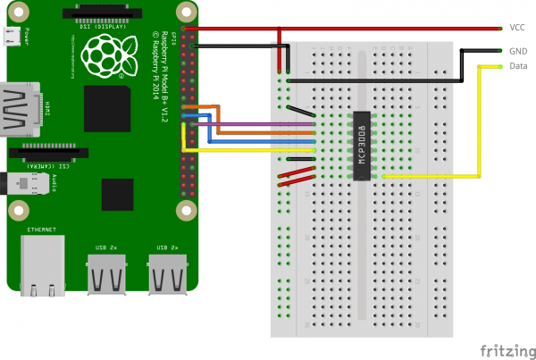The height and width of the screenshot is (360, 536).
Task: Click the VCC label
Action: click(x=516, y=28)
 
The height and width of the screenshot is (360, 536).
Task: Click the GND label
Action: click(x=517, y=51)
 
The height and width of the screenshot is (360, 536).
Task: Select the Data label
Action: click(x=517, y=66)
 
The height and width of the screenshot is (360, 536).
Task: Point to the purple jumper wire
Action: click(x=259, y=124)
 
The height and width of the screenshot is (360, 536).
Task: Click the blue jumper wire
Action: click(x=259, y=141)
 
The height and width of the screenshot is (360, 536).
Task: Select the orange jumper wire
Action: click(x=259, y=133)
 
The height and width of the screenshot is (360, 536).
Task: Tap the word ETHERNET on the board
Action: click(x=41, y=230)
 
